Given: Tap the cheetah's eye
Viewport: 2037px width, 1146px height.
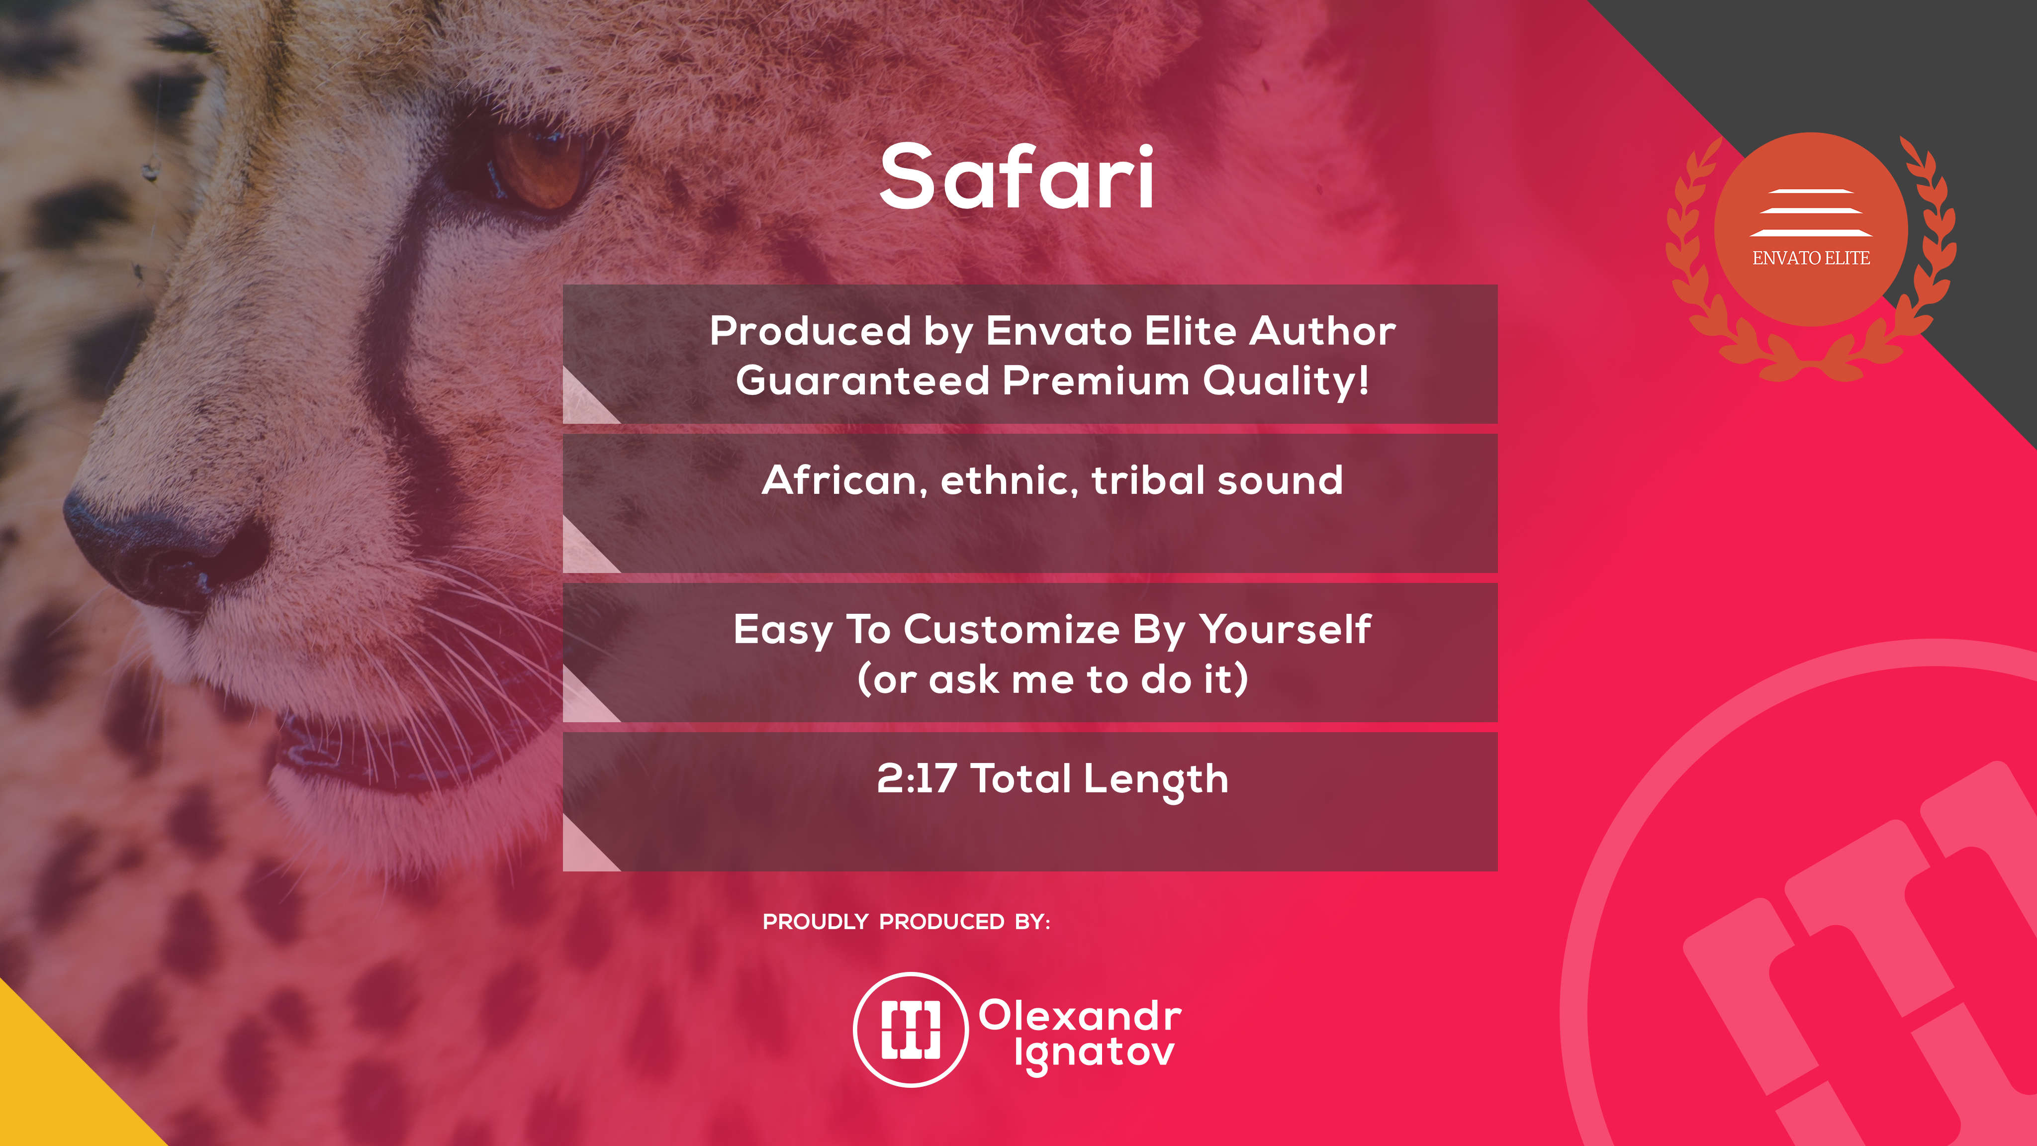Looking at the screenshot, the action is coord(539,169).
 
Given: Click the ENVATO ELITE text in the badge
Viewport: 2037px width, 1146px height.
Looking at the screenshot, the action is coord(1811,258).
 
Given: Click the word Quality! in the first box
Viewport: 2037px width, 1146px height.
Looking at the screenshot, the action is coord(1286,381).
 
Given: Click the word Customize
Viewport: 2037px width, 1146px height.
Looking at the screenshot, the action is coord(1012,630).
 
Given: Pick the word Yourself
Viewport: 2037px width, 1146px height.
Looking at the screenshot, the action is coord(1285,630).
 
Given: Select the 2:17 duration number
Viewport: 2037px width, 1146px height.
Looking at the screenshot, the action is coord(917,778).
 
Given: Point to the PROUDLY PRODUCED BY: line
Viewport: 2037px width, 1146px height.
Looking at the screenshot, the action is coord(906,922).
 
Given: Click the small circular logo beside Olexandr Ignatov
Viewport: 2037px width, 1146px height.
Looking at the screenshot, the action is coord(911,1029).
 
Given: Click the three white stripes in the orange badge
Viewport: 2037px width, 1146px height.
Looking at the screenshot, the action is coord(1811,213).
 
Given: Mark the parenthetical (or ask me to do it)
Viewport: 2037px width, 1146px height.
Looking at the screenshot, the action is coord(1052,680).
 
